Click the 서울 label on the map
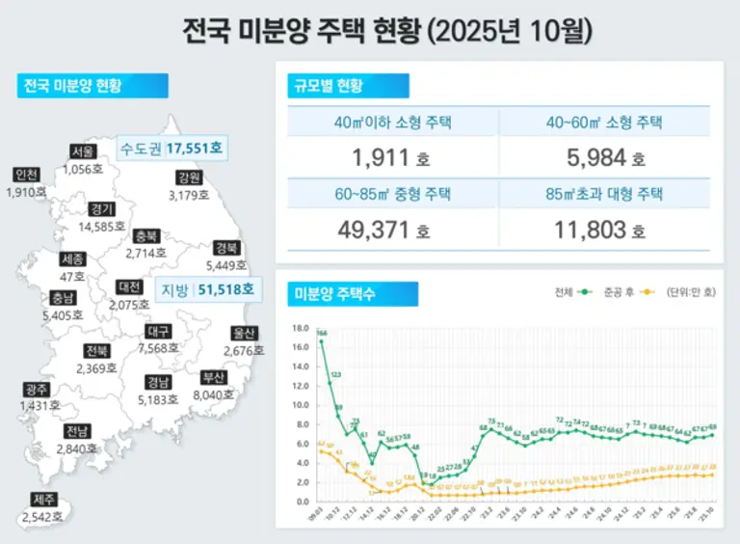(x=83, y=151)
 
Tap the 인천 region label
(x=27, y=175)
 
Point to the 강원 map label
(x=189, y=177)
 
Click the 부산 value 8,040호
(x=213, y=394)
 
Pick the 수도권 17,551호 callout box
(x=171, y=149)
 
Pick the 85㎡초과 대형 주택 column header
(x=603, y=193)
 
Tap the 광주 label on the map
(x=38, y=390)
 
